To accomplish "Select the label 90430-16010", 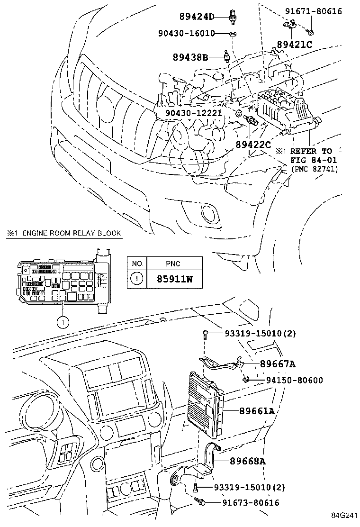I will pyautogui.click(x=186, y=34).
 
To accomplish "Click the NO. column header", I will pyautogui.click(x=137, y=263).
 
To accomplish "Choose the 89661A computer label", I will pyautogui.click(x=255, y=411).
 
